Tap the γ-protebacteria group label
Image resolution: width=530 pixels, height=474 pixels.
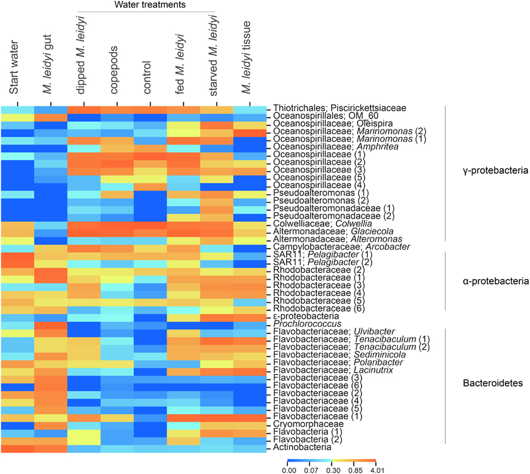pyautogui.click(x=492, y=170)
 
